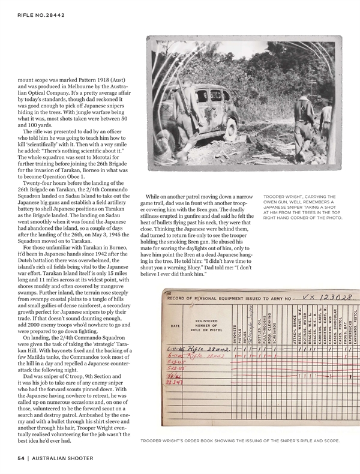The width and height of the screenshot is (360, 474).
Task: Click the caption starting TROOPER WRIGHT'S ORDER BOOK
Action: pyautogui.click(x=239, y=441)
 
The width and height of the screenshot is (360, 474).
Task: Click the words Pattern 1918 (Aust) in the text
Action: pyautogui.click(x=105, y=79)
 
